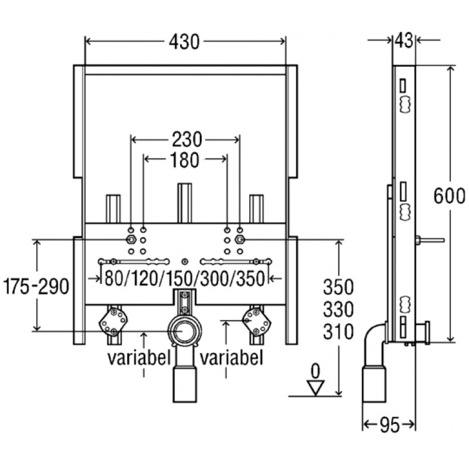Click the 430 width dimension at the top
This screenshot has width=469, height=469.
[185, 41]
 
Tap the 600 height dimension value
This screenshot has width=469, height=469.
[448, 195]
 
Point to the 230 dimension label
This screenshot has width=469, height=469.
[186, 140]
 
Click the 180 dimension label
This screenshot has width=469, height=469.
[186, 159]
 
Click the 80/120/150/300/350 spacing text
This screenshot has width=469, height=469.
[184, 280]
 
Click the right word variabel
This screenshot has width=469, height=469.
[231, 357]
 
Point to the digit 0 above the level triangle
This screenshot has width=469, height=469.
[315, 371]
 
